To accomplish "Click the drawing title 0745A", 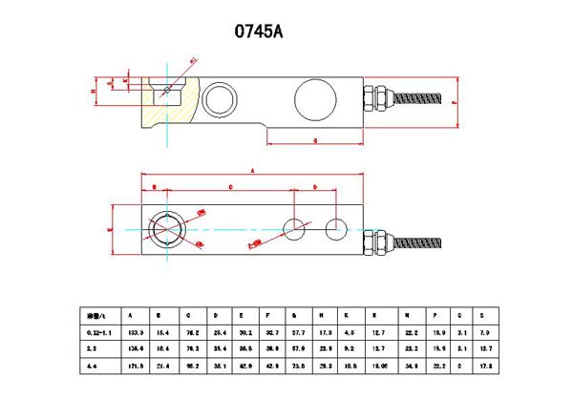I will (258, 31).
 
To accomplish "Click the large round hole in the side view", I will (314, 99).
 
